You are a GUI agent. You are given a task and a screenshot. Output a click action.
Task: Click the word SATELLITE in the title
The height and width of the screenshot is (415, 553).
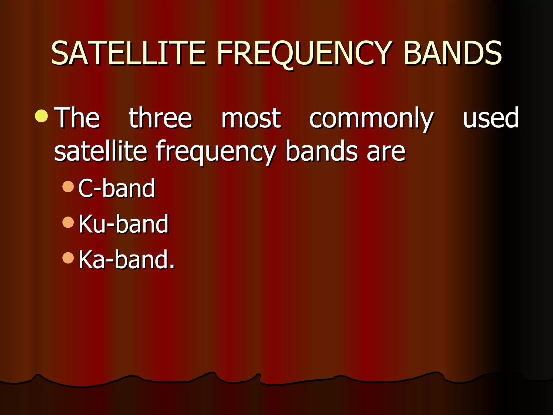(x=128, y=53)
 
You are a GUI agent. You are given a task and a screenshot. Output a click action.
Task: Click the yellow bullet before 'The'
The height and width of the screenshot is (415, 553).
(x=42, y=116)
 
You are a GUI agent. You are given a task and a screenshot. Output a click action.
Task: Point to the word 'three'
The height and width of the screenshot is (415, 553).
(x=160, y=118)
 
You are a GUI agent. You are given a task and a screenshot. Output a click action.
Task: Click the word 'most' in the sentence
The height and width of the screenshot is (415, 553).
(x=251, y=118)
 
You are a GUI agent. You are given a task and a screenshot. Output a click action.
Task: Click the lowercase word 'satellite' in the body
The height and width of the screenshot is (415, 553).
(x=100, y=151)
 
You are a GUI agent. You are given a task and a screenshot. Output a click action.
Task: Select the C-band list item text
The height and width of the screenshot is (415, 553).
(x=117, y=188)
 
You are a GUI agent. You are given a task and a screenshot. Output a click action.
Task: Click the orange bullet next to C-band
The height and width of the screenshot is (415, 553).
(x=68, y=187)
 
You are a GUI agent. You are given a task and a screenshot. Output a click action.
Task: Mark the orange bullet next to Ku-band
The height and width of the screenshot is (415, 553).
(x=68, y=222)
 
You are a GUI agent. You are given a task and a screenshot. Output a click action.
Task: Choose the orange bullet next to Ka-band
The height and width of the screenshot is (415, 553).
(x=68, y=258)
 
